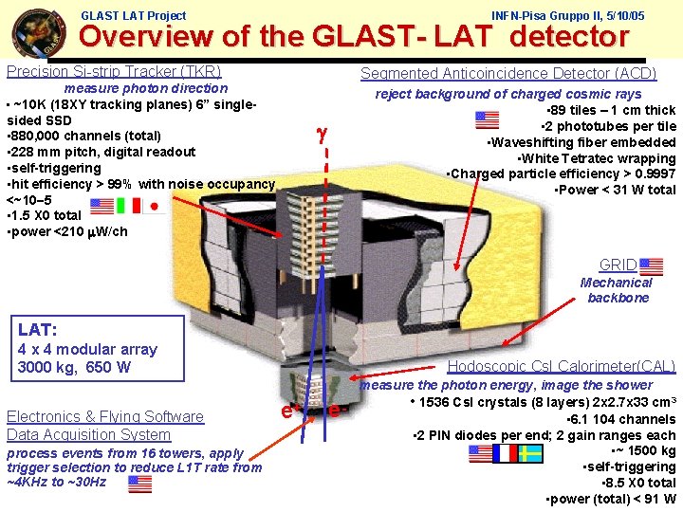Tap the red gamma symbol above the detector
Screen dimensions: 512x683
pyautogui.click(x=323, y=135)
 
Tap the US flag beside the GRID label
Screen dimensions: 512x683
pyautogui.click(x=652, y=265)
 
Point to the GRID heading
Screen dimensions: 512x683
pyautogui.click(x=618, y=265)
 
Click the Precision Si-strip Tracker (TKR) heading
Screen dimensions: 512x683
pyautogui.click(x=114, y=71)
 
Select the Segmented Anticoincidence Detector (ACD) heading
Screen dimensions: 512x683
pyautogui.click(x=508, y=73)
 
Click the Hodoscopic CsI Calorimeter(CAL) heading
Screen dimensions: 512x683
pyautogui.click(x=561, y=366)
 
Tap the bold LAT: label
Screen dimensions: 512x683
pyautogui.click(x=38, y=330)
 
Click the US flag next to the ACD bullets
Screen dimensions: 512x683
pyautogui.click(x=486, y=119)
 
